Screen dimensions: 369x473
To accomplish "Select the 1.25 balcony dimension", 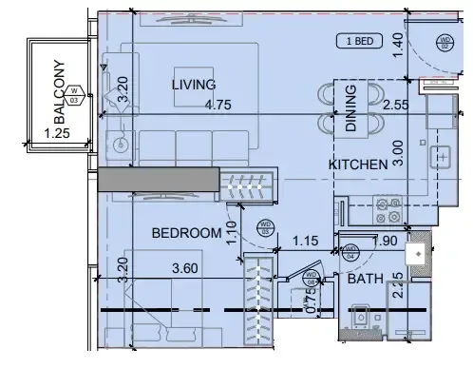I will click(59, 135).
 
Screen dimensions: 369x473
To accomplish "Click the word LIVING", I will click(194, 85).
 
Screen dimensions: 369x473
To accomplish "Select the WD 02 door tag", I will click(445, 42).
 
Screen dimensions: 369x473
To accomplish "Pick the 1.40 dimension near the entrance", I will click(398, 41).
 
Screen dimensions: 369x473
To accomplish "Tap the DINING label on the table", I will click(350, 107).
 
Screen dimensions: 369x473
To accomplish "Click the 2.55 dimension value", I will click(396, 107).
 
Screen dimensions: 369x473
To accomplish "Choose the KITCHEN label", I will click(358, 165).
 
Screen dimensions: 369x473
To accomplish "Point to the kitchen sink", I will click(443, 155).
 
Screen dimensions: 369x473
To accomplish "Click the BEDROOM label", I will click(183, 231).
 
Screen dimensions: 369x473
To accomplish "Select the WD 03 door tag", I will click(266, 226).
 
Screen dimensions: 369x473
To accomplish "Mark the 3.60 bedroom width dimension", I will click(185, 269).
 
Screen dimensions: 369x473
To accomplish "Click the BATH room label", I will click(364, 280).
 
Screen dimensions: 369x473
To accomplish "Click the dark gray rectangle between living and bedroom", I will click(158, 180).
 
